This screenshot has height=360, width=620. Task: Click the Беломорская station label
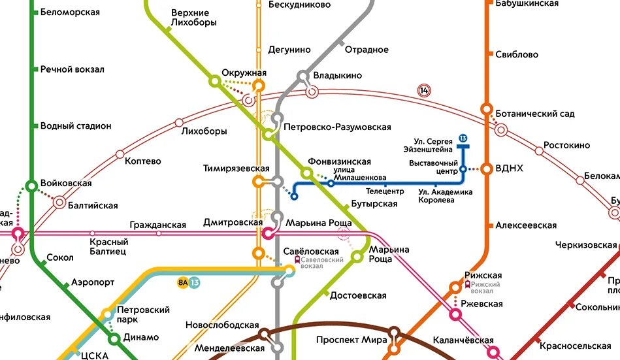tap(70, 12)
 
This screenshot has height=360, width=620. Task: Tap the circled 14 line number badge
tap(425, 91)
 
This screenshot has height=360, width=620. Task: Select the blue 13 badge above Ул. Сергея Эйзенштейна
tap(463, 138)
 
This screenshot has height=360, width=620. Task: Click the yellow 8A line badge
tap(182, 282)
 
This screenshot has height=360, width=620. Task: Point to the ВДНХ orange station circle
tap(487, 169)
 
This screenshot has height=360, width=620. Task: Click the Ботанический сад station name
tap(535, 114)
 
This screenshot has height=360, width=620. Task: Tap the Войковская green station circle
tap(31, 186)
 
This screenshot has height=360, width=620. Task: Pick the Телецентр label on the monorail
tap(385, 192)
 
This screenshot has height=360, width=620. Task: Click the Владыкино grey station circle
tap(304, 76)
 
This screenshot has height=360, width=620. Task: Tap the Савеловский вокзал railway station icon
tap(298, 260)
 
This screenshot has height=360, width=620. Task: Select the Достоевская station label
tap(358, 295)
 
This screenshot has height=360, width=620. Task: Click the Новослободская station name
tap(222, 325)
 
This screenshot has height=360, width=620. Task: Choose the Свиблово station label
tap(517, 54)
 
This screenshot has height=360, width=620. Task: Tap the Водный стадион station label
tap(76, 125)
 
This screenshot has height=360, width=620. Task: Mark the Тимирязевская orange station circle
tap(259, 182)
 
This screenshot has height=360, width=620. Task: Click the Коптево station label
tap(142, 161)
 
